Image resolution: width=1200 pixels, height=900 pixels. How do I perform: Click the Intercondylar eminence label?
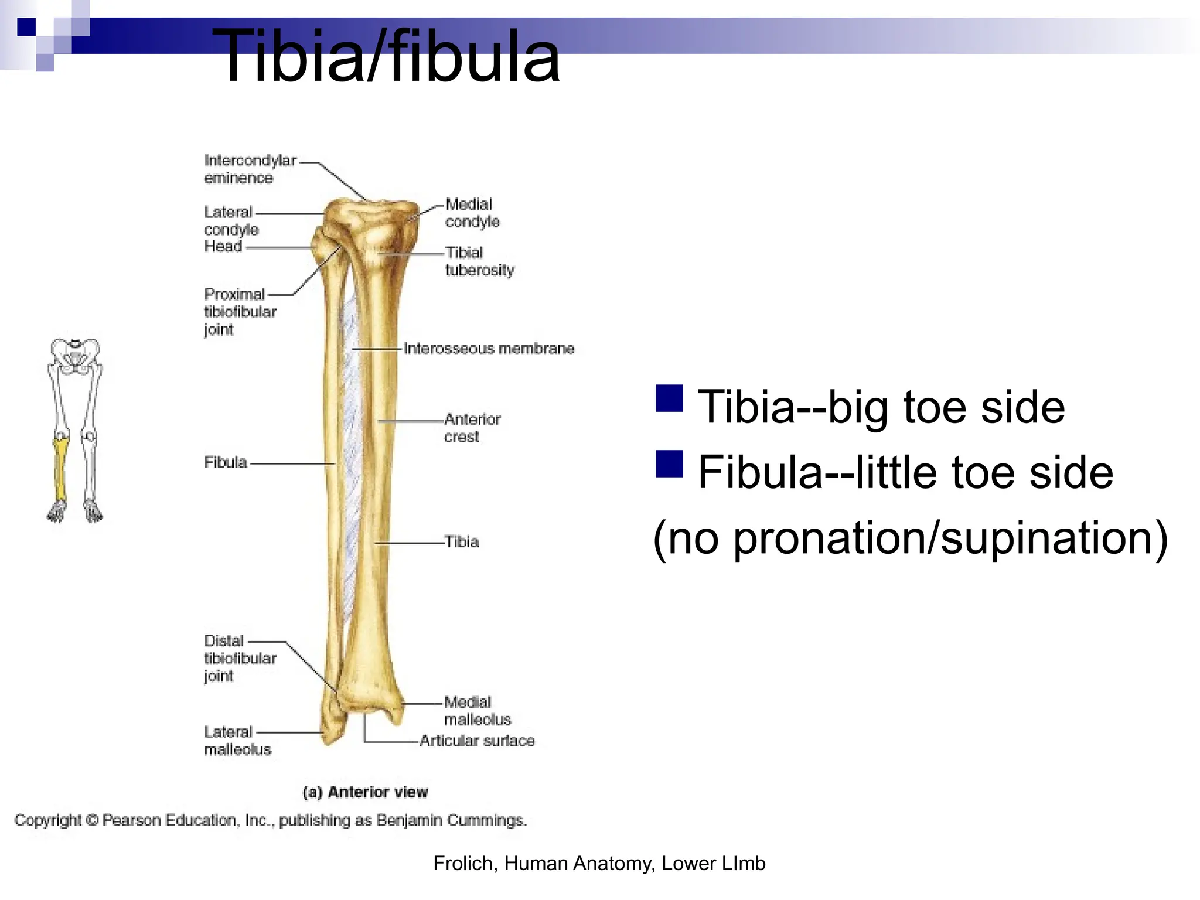pyautogui.click(x=250, y=169)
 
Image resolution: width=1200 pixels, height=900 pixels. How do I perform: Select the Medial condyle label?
pyautogui.click(x=472, y=213)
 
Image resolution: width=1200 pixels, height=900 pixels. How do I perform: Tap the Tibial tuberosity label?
pyautogui.click(x=479, y=261)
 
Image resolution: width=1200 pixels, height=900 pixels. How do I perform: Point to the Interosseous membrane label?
pyautogui.click(x=489, y=349)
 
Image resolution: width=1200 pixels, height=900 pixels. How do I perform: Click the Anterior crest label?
pyautogui.click(x=472, y=428)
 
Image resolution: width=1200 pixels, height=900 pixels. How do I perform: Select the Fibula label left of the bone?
pyautogui.click(x=226, y=462)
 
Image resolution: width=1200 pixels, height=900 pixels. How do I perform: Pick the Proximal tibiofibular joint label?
pyautogui.click(x=240, y=311)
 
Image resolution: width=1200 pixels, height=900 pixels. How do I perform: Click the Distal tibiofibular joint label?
pyautogui.click(x=240, y=657)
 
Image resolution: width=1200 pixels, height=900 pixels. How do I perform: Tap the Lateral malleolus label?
pyautogui.click(x=237, y=740)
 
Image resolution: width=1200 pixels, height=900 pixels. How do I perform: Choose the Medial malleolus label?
pyautogui.click(x=477, y=710)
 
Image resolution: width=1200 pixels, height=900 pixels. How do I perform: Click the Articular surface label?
pyautogui.click(x=477, y=741)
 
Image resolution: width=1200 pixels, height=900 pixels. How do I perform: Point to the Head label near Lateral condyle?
pyautogui.click(x=223, y=246)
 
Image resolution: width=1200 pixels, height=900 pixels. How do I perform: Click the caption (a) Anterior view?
pyautogui.click(x=365, y=792)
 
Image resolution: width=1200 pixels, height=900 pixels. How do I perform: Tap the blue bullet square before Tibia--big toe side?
pyautogui.click(x=669, y=399)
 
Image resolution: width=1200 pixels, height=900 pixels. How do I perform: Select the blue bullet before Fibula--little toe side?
pyautogui.click(x=669, y=465)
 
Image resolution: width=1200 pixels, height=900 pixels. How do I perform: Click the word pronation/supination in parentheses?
pyautogui.click(x=943, y=538)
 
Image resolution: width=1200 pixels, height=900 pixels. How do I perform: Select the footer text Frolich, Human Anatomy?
pyautogui.click(x=599, y=863)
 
